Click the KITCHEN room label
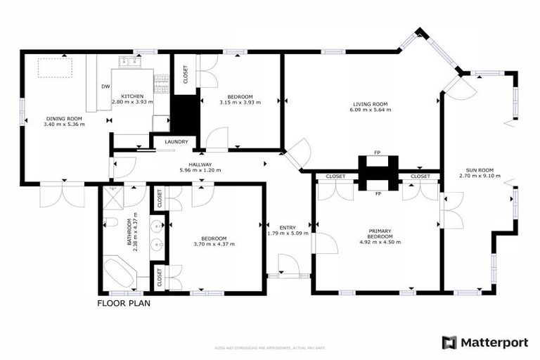point(132,96)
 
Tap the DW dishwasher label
point(105,86)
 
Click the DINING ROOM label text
point(64,118)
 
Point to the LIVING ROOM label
point(371,105)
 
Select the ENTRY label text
point(287,227)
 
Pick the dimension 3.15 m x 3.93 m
point(240,102)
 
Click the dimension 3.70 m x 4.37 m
point(214,244)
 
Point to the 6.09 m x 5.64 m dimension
point(371,110)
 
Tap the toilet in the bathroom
point(110,224)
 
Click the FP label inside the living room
point(378,152)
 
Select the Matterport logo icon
point(449,342)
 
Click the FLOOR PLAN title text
point(123,304)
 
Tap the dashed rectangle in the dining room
point(55,68)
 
